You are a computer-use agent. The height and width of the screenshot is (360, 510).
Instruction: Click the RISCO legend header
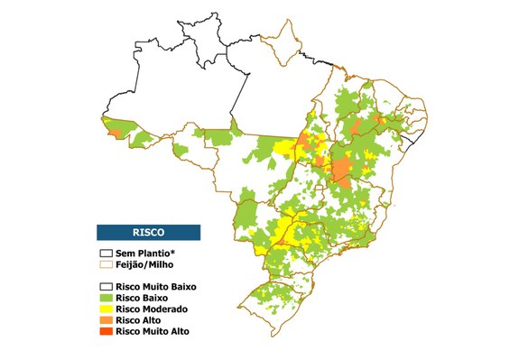pos(149,231)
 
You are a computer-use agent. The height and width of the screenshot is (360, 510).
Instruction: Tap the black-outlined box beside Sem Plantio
pos(106,254)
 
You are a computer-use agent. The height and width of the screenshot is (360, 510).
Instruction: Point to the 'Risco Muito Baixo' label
pos(158,287)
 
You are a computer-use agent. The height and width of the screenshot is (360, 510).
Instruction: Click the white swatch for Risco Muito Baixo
pos(106,287)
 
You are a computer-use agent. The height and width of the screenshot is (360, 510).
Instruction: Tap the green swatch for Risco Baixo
pos(106,298)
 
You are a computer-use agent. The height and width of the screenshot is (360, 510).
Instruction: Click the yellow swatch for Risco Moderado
pos(106,309)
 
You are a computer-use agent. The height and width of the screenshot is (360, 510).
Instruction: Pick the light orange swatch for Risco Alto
pos(106,320)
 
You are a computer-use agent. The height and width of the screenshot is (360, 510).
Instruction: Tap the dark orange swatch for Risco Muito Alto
pos(106,331)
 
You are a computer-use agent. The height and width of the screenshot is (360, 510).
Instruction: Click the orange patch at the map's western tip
pos(113,134)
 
